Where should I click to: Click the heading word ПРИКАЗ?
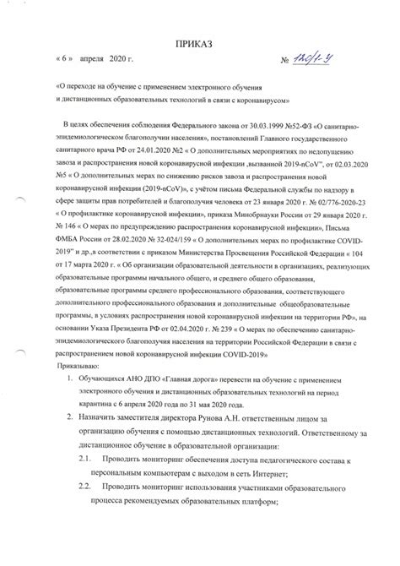coord(200,42)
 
